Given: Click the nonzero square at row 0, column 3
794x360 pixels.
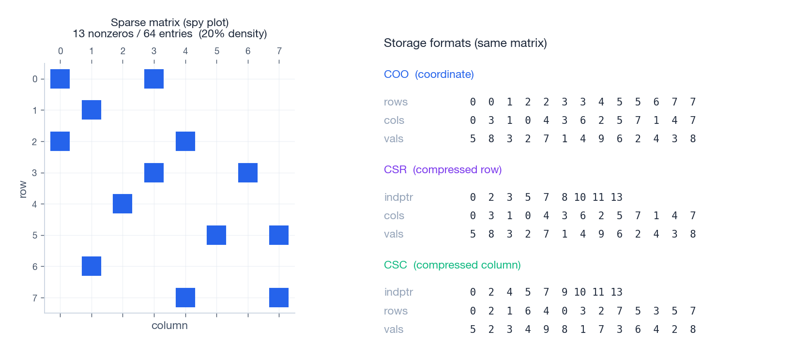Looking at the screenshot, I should tap(154, 79).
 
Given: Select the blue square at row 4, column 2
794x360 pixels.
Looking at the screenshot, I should tap(122, 204).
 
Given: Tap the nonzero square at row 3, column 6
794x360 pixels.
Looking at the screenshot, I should tap(248, 173).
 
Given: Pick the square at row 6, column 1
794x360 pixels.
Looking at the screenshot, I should tap(92, 266).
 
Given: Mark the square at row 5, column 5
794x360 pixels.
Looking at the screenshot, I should tap(216, 235).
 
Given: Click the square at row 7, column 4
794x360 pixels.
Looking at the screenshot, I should tap(185, 298).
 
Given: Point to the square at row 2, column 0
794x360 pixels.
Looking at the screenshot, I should tap(60, 141).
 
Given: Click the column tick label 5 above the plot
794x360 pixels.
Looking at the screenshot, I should tap(216, 51).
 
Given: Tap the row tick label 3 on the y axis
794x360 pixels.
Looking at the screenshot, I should tap(35, 173).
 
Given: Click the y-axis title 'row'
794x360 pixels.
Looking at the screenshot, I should tap(23, 189).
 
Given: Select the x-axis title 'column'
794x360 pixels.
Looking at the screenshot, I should tap(169, 326).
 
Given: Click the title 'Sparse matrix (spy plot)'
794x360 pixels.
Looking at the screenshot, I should tap(169, 22).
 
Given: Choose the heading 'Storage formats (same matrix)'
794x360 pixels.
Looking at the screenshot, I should tap(465, 43).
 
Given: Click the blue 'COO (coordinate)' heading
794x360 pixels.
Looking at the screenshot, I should tap(428, 74).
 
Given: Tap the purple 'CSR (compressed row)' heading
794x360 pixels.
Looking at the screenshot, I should tap(443, 169).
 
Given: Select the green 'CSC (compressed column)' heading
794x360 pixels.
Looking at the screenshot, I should tap(452, 265).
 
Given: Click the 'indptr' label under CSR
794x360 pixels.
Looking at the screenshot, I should tap(398, 197).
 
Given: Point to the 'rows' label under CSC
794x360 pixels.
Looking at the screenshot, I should tap(396, 311).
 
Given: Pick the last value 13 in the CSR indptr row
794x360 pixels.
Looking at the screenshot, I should tap(616, 197).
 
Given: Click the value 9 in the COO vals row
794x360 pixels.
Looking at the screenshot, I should tap(601, 139).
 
